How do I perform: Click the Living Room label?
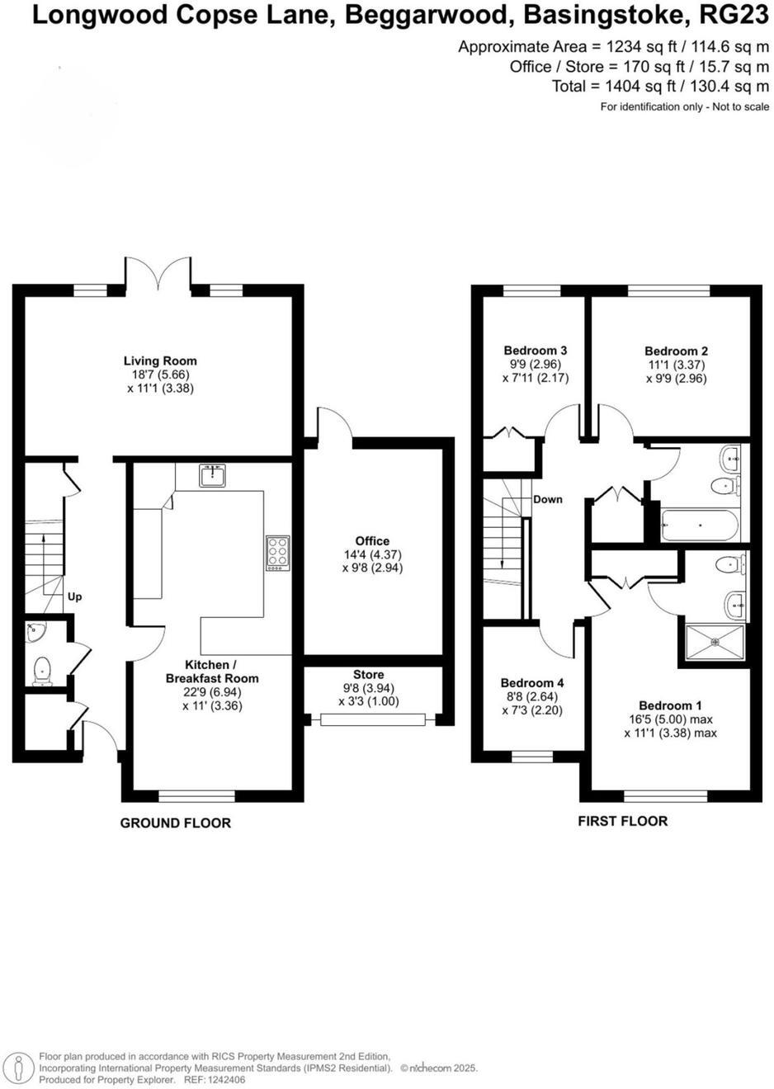pos(160,361)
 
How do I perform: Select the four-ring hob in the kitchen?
pos(278,552)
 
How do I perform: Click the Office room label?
pos(372,541)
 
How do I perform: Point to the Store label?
pos(368,674)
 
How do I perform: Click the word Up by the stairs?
pos(74,596)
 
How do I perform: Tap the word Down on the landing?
pos(548,499)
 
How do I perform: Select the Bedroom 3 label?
pos(535,351)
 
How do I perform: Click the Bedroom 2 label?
pos(676,351)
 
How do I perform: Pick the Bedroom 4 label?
pos(532,683)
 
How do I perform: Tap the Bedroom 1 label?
pos(670,705)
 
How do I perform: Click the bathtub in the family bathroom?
pos(701,524)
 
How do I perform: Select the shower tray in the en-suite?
pos(714,643)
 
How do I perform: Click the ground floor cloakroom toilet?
pos(40,671)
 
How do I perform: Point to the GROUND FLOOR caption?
pos(176,823)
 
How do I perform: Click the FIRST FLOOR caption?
pos(622,821)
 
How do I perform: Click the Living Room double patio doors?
pos(158,275)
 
